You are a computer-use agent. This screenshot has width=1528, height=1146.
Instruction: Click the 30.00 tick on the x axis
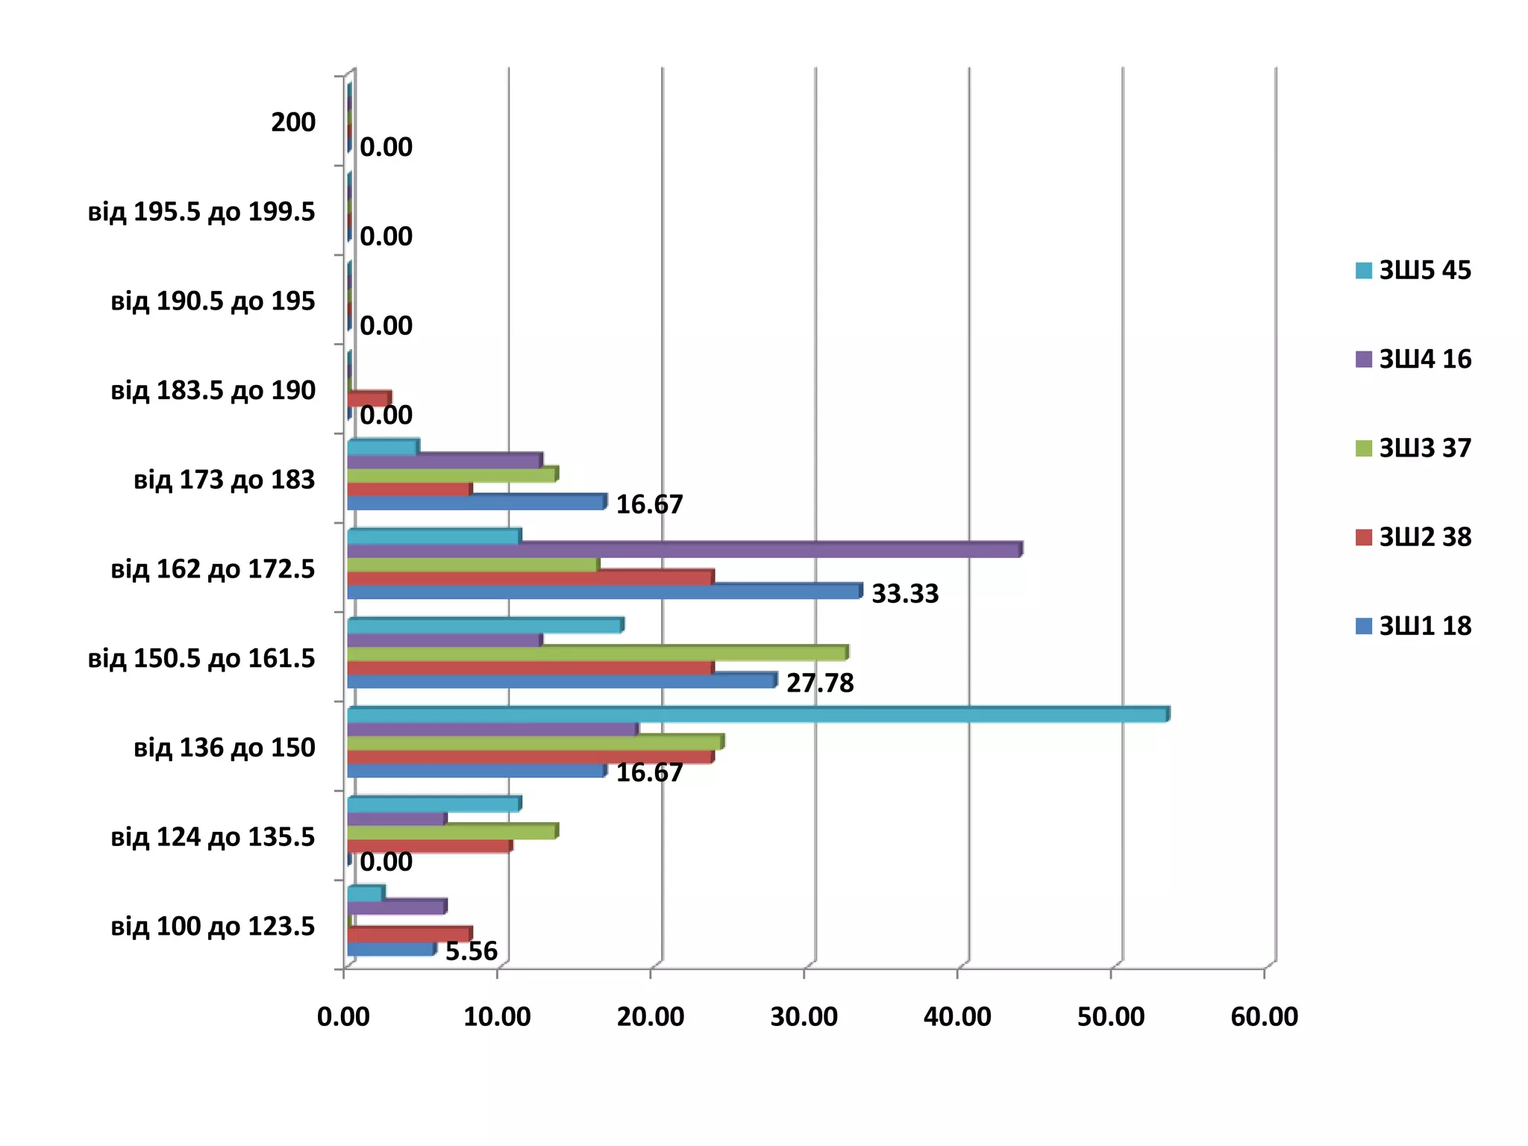tap(804, 1017)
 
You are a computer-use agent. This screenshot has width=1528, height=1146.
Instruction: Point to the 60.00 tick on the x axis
tap(1264, 1017)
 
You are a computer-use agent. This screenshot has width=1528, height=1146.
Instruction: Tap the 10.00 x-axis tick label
tap(497, 1017)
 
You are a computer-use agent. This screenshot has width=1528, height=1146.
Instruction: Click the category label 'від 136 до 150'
tap(224, 748)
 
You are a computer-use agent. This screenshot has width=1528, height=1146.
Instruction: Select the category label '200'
tap(293, 122)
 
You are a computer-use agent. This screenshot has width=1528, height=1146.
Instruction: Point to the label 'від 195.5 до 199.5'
tap(201, 212)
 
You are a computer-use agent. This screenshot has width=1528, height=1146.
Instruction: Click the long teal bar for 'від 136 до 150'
tap(757, 715)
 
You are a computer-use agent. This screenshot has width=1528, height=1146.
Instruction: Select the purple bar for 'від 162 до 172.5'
tap(683, 550)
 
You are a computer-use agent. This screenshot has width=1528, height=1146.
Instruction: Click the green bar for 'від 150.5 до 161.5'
tap(597, 654)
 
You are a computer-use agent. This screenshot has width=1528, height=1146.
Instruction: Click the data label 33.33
tap(905, 594)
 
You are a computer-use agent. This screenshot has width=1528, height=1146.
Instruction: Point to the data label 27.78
tap(820, 683)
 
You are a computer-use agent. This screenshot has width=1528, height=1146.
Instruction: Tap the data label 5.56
tap(471, 952)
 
